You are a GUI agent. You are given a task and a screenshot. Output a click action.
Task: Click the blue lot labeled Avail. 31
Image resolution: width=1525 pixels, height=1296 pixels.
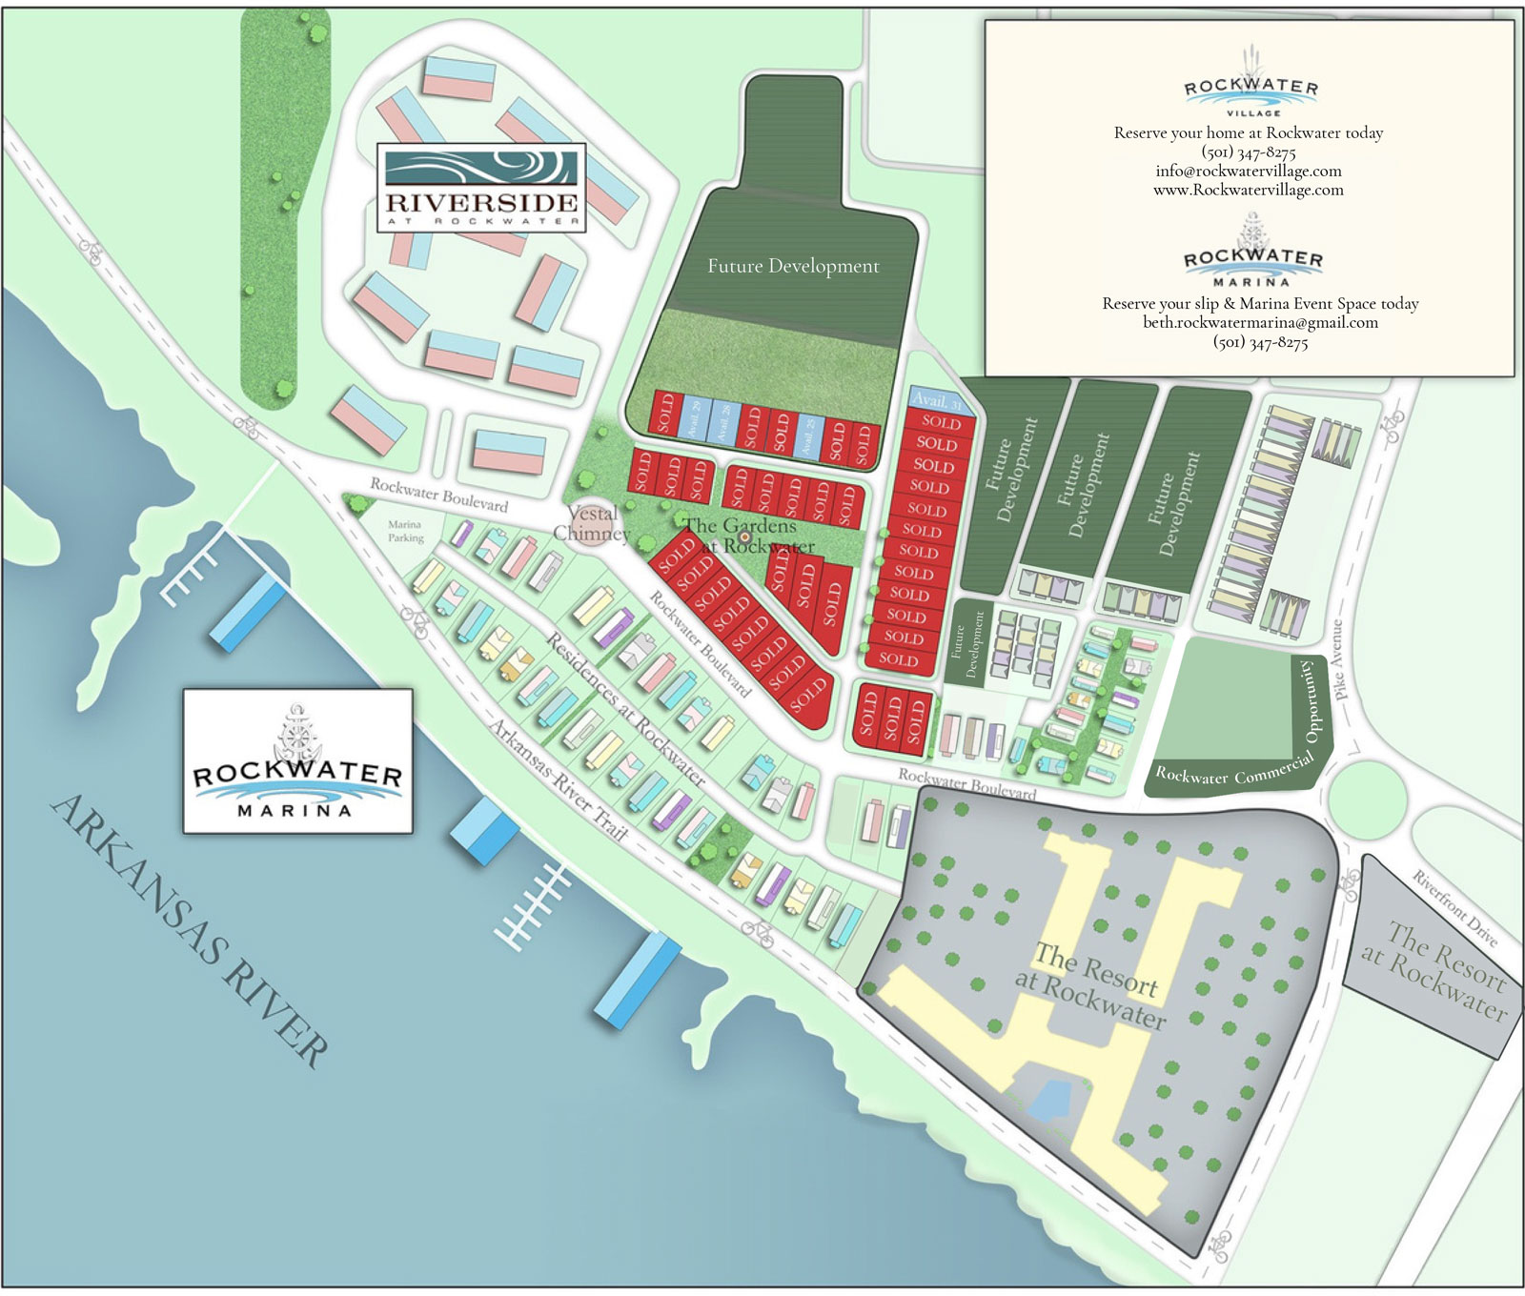(x=940, y=401)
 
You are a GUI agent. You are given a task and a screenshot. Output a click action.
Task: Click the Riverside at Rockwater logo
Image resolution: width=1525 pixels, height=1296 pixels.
(x=481, y=188)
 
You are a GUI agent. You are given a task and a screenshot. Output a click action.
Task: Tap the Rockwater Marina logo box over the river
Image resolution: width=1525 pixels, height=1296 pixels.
(x=297, y=760)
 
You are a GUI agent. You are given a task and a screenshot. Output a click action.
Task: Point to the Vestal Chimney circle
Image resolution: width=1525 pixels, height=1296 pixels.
(x=592, y=524)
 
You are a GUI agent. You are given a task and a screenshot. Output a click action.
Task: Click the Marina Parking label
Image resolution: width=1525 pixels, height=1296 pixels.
(x=405, y=531)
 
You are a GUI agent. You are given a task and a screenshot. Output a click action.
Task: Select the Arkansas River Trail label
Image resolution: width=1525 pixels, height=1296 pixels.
(x=559, y=780)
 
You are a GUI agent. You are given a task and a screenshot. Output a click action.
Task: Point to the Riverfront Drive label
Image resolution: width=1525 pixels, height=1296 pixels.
(x=1454, y=908)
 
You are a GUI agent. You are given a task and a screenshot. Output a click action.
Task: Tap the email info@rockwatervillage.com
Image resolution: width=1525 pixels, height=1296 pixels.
(x=1249, y=172)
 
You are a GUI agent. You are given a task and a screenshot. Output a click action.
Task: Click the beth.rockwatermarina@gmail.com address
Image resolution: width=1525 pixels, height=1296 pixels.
(x=1260, y=322)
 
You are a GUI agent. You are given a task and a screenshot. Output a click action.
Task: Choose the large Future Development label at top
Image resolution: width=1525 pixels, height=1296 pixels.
(x=793, y=266)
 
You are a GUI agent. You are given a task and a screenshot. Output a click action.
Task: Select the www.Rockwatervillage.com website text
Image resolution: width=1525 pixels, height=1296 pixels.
(x=1249, y=190)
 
